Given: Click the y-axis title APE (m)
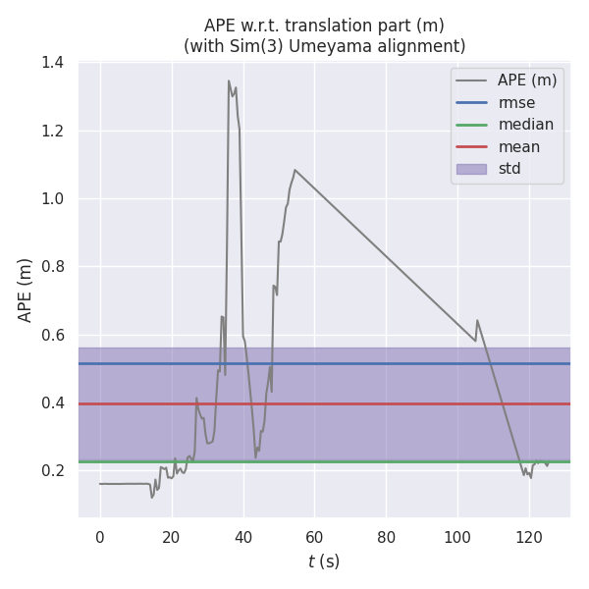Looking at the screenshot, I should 26,290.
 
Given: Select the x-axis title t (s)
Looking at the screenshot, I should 324,562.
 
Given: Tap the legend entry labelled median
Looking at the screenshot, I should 525,125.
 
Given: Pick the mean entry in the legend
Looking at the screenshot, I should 518,146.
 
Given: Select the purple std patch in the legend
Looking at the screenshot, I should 472,169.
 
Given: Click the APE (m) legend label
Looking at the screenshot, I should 527,80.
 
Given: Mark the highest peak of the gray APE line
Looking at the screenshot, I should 229,81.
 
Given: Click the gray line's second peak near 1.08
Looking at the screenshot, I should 294,170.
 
